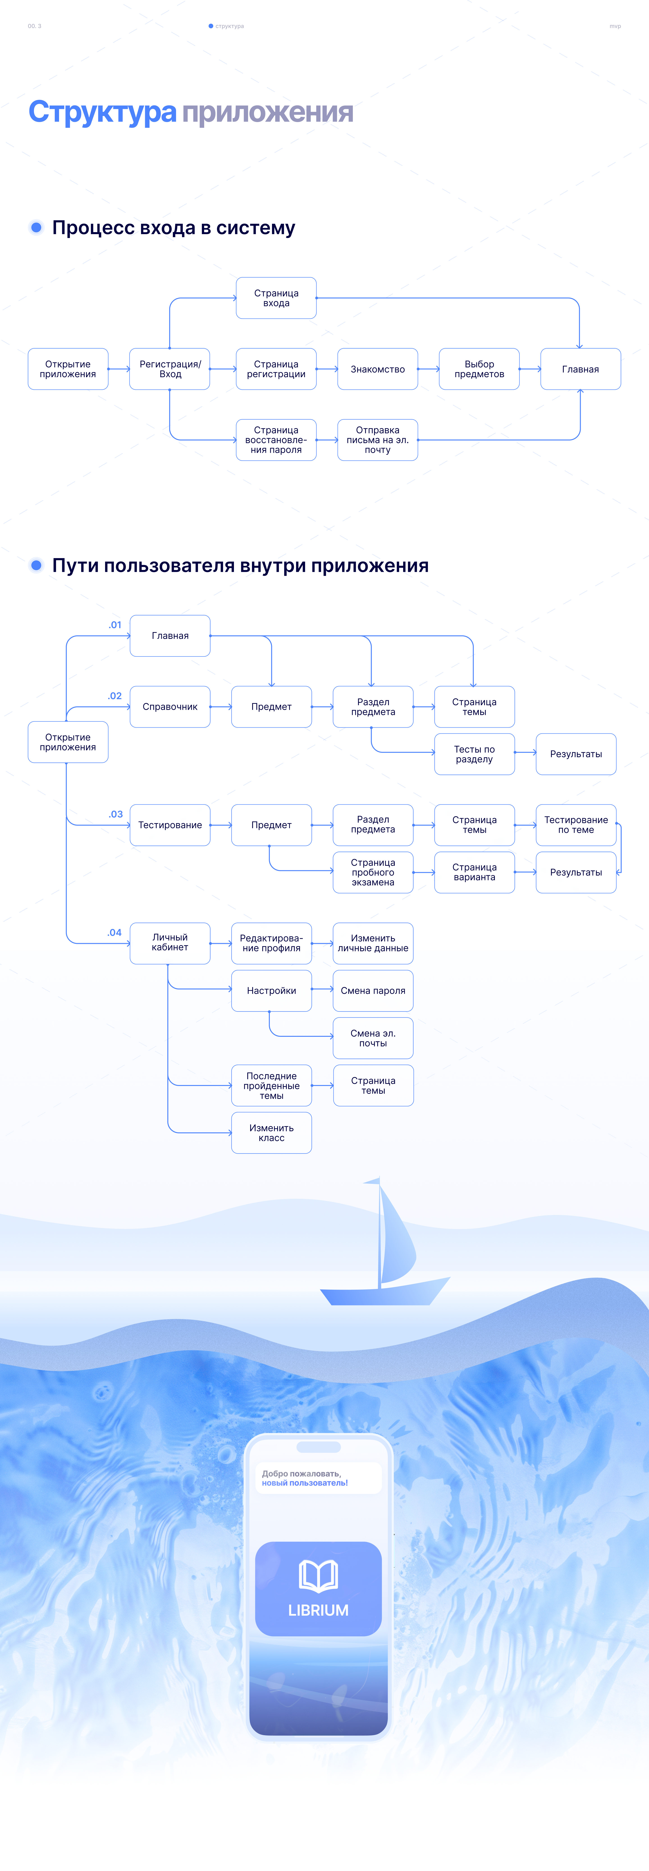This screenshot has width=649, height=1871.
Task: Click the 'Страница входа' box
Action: coord(276,298)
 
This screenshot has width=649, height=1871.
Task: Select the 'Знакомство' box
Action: coord(377,369)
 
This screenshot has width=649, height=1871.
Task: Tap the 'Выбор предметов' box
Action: coord(479,369)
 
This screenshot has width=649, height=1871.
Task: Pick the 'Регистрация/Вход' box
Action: coord(170,369)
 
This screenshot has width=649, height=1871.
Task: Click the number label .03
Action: coord(115,814)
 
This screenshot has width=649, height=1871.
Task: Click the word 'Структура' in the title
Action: coord(102,113)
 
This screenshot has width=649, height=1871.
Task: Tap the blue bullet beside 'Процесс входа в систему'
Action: coord(36,227)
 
